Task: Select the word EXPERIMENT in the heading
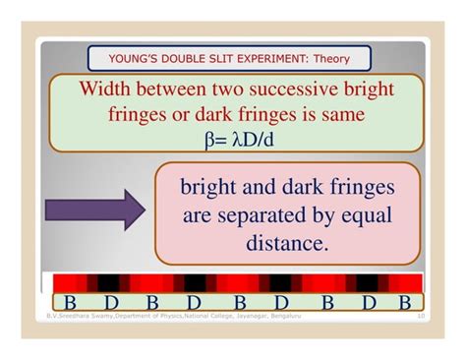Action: click(x=250, y=58)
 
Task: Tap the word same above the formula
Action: click(x=338, y=115)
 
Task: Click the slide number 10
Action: click(x=421, y=316)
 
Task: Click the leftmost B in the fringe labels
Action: click(x=70, y=302)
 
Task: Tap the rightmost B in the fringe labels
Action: click(x=405, y=302)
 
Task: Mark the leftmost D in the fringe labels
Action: click(x=111, y=302)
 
